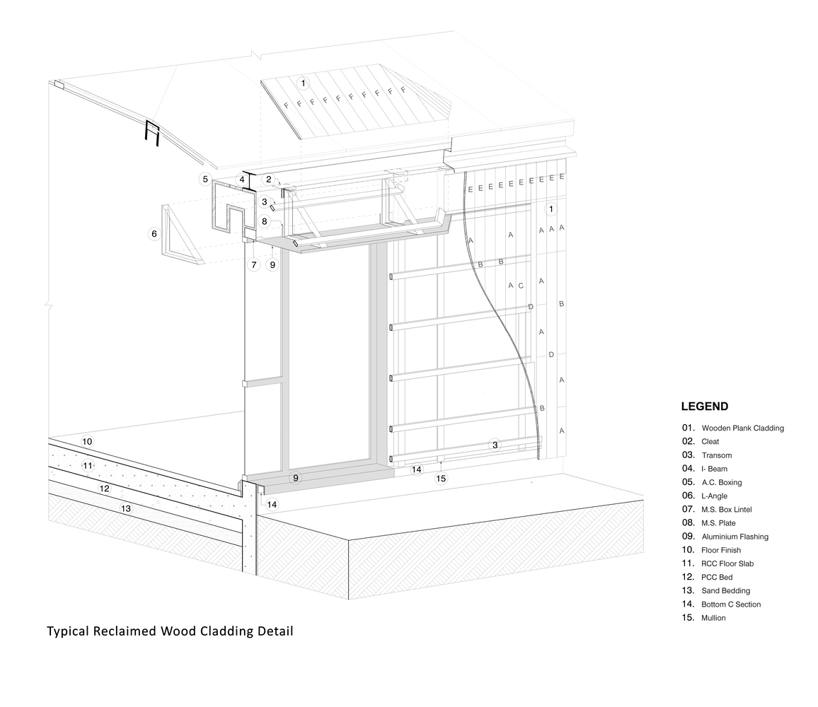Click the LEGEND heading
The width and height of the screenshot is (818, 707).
pyautogui.click(x=704, y=407)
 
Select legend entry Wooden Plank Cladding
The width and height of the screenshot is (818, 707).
pyautogui.click(x=742, y=428)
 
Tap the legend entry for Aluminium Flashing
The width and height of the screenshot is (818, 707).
pyautogui.click(x=735, y=537)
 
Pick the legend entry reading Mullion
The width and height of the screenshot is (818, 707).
pyautogui.click(x=713, y=618)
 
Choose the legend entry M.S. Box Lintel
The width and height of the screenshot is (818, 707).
pyautogui.click(x=726, y=509)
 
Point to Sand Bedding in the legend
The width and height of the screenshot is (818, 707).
pyautogui.click(x=725, y=590)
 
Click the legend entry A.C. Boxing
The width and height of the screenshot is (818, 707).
pyautogui.click(x=721, y=482)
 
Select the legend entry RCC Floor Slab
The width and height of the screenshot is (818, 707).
pyautogui.click(x=727, y=563)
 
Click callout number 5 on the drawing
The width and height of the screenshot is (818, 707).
pyautogui.click(x=205, y=179)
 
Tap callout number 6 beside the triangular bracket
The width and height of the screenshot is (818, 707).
pyautogui.click(x=154, y=233)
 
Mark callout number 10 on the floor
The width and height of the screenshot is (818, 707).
pyautogui.click(x=87, y=441)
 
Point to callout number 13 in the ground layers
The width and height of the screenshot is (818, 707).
pyautogui.click(x=126, y=508)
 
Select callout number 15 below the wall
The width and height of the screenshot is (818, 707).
pyautogui.click(x=441, y=479)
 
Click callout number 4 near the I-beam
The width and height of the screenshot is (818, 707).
pyautogui.click(x=242, y=180)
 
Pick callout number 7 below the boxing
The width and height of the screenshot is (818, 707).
pyautogui.click(x=253, y=265)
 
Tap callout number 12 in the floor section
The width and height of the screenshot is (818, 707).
pyautogui.click(x=104, y=489)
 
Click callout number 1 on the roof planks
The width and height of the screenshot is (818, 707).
pyautogui.click(x=304, y=83)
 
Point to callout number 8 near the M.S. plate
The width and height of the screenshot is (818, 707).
pyautogui.click(x=264, y=221)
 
